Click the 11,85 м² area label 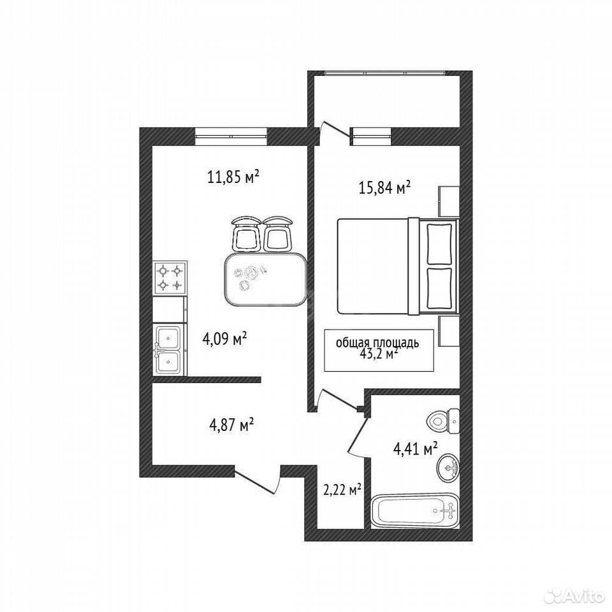[233, 178]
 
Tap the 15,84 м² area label [384, 189]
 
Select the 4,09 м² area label [224, 339]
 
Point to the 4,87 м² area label [232, 425]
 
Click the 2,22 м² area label [342, 490]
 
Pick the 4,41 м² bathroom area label [415, 449]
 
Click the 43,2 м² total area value [379, 354]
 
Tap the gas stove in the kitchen [170, 279]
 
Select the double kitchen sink [168, 350]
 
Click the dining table [265, 279]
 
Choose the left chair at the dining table [246, 234]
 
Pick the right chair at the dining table [277, 234]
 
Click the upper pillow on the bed [439, 244]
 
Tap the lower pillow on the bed [439, 288]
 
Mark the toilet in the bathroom [444, 421]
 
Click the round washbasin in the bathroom [448, 467]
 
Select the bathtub [415, 511]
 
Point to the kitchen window [231, 136]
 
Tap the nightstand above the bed [449, 201]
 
